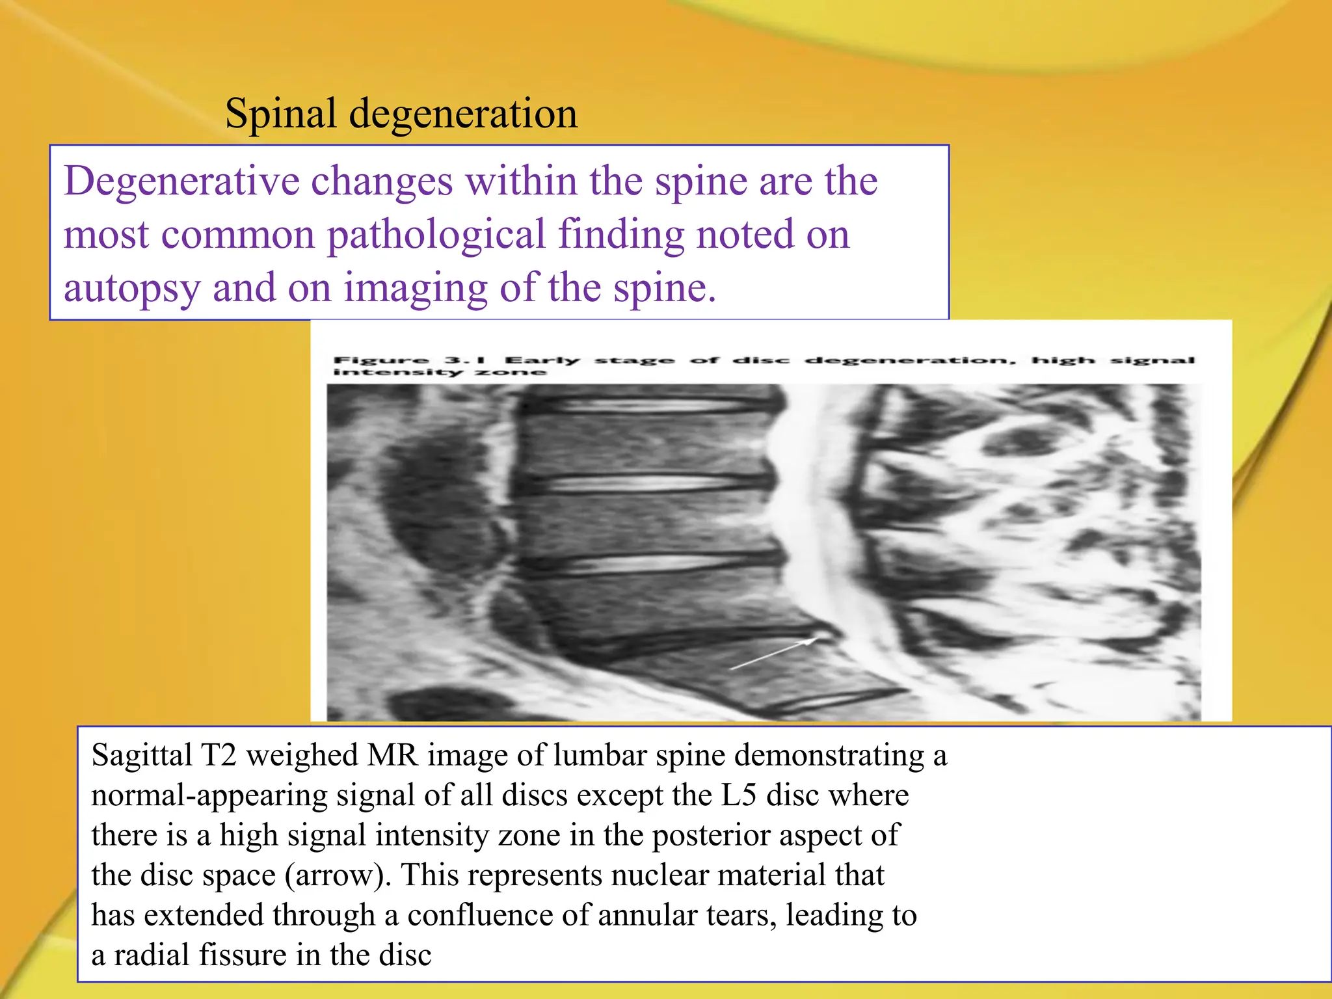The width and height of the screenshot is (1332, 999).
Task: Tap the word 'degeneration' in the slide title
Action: pyautogui.click(x=463, y=114)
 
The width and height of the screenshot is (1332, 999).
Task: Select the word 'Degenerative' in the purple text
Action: pyautogui.click(x=181, y=181)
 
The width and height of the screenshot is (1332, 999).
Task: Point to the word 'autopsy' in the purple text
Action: pyautogui.click(x=132, y=288)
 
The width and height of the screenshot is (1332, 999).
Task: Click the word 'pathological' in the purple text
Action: pyautogui.click(x=436, y=235)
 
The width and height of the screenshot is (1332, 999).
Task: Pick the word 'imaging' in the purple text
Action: pyautogui.click(x=416, y=288)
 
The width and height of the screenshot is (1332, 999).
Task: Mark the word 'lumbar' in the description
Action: pyautogui.click(x=593, y=756)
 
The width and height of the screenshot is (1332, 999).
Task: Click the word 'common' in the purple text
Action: pyautogui.click(x=237, y=235)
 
